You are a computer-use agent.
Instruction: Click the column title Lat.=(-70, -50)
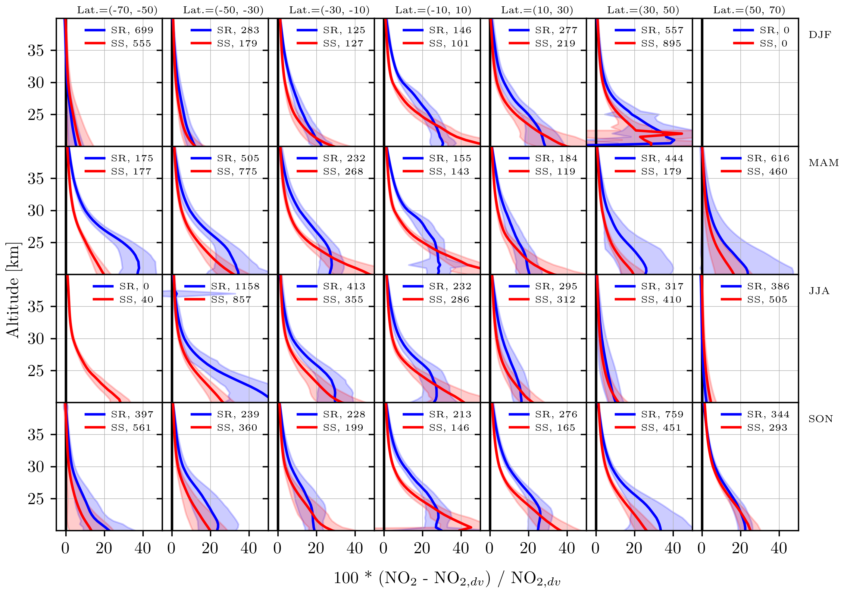(117, 10)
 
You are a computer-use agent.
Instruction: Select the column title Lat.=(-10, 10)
(433, 10)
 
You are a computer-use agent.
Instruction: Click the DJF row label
(820, 35)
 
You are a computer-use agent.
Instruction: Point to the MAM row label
(824, 163)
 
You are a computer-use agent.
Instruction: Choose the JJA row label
(819, 291)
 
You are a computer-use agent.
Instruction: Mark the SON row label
(821, 419)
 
